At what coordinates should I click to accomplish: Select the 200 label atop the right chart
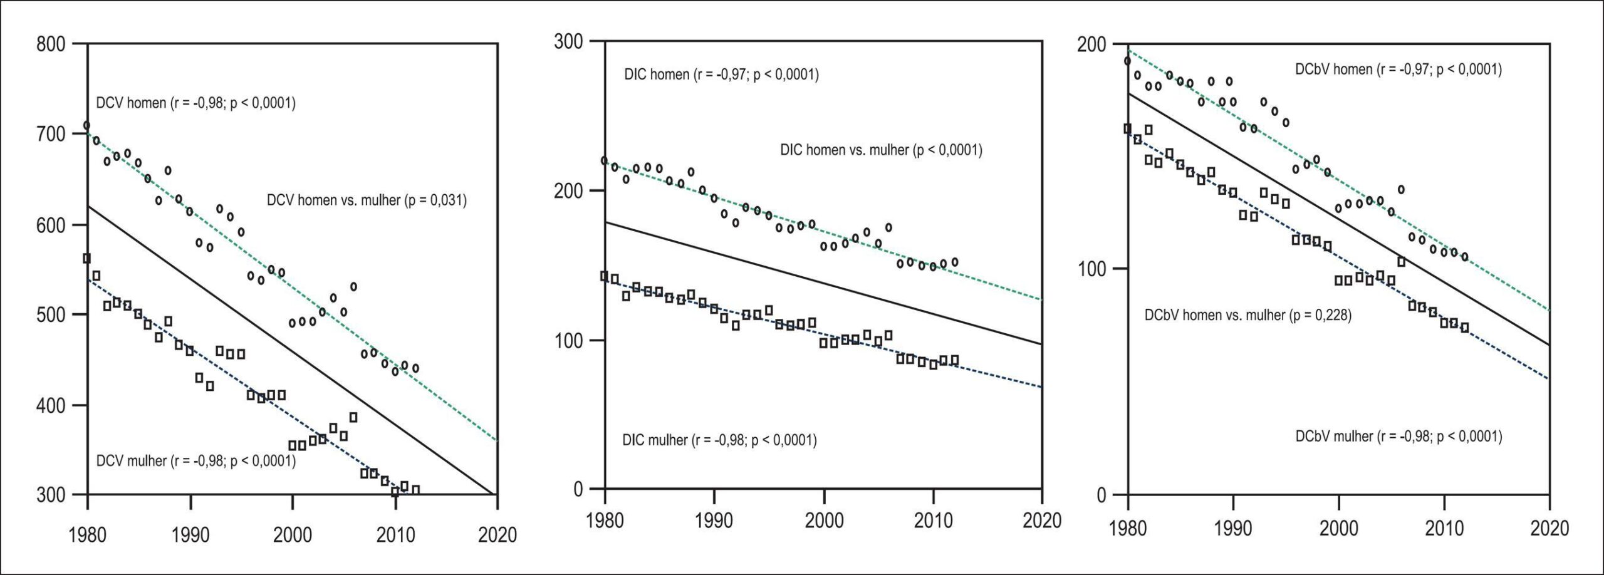point(1093,44)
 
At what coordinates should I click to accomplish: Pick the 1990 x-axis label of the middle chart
point(714,521)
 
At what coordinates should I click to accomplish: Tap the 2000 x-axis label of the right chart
point(1339,527)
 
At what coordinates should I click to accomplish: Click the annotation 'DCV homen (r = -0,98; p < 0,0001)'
point(195,103)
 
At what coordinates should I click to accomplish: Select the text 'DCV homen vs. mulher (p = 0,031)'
point(367,200)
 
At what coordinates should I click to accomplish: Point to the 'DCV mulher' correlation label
point(195,461)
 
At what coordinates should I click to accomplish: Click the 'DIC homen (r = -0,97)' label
point(721,75)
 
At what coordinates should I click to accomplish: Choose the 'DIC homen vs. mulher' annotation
point(881,150)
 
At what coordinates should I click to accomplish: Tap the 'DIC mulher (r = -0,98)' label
point(719,440)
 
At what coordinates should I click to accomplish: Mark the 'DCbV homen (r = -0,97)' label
point(1398,70)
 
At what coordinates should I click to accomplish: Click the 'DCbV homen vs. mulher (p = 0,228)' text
point(1248,315)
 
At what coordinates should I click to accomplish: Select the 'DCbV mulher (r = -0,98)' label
point(1398,436)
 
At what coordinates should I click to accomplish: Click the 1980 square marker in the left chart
point(87,258)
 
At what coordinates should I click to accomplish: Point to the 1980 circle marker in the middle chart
point(605,161)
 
